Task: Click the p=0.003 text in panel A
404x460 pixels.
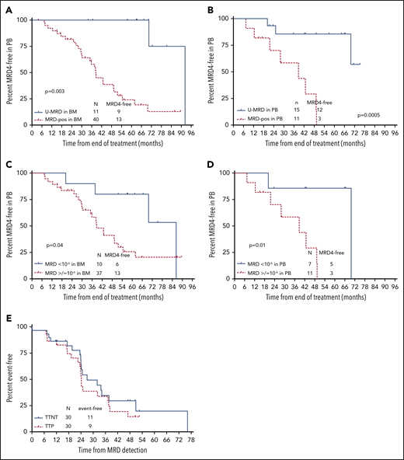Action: pyautogui.click(x=54, y=92)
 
